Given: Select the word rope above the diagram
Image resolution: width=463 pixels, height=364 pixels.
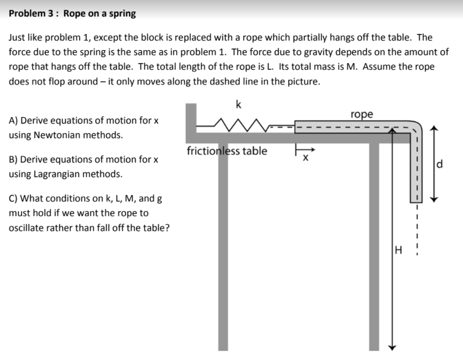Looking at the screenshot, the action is [x=362, y=115].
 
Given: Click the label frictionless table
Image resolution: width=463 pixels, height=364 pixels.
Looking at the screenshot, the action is [x=227, y=151].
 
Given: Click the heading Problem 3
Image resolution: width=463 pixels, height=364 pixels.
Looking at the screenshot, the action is [x=33, y=14].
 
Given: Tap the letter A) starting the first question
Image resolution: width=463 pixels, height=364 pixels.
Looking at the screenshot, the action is [x=14, y=120].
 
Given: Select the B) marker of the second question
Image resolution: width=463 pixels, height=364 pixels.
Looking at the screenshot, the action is [x=14, y=159].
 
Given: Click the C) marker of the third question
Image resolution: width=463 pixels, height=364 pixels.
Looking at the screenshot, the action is [x=14, y=198].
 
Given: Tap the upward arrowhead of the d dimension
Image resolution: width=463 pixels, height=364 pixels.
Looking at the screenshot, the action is [x=435, y=129].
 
